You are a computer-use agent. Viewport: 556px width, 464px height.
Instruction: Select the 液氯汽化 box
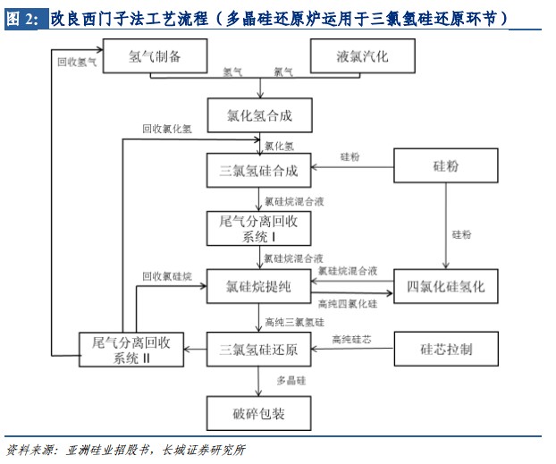[362, 56]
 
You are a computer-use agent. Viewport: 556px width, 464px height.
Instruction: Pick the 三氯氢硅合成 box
[259, 170]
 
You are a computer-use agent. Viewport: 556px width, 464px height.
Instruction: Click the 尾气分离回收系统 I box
[259, 228]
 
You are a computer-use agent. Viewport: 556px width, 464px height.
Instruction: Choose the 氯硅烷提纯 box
[259, 286]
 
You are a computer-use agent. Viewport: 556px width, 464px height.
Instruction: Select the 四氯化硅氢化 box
[445, 286]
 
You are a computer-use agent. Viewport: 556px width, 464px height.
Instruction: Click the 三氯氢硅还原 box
[259, 349]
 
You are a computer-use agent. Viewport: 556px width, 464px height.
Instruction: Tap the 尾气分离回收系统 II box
[131, 350]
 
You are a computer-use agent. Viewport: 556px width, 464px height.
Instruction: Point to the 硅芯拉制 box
[445, 349]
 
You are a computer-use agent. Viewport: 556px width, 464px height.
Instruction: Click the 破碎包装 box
[259, 413]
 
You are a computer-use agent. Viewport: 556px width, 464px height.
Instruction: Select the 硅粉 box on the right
[445, 166]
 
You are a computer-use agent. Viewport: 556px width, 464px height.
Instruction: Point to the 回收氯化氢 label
[165, 129]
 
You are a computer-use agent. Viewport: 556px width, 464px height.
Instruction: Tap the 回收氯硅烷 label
[167, 277]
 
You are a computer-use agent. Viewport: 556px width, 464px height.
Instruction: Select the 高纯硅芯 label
[351, 340]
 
